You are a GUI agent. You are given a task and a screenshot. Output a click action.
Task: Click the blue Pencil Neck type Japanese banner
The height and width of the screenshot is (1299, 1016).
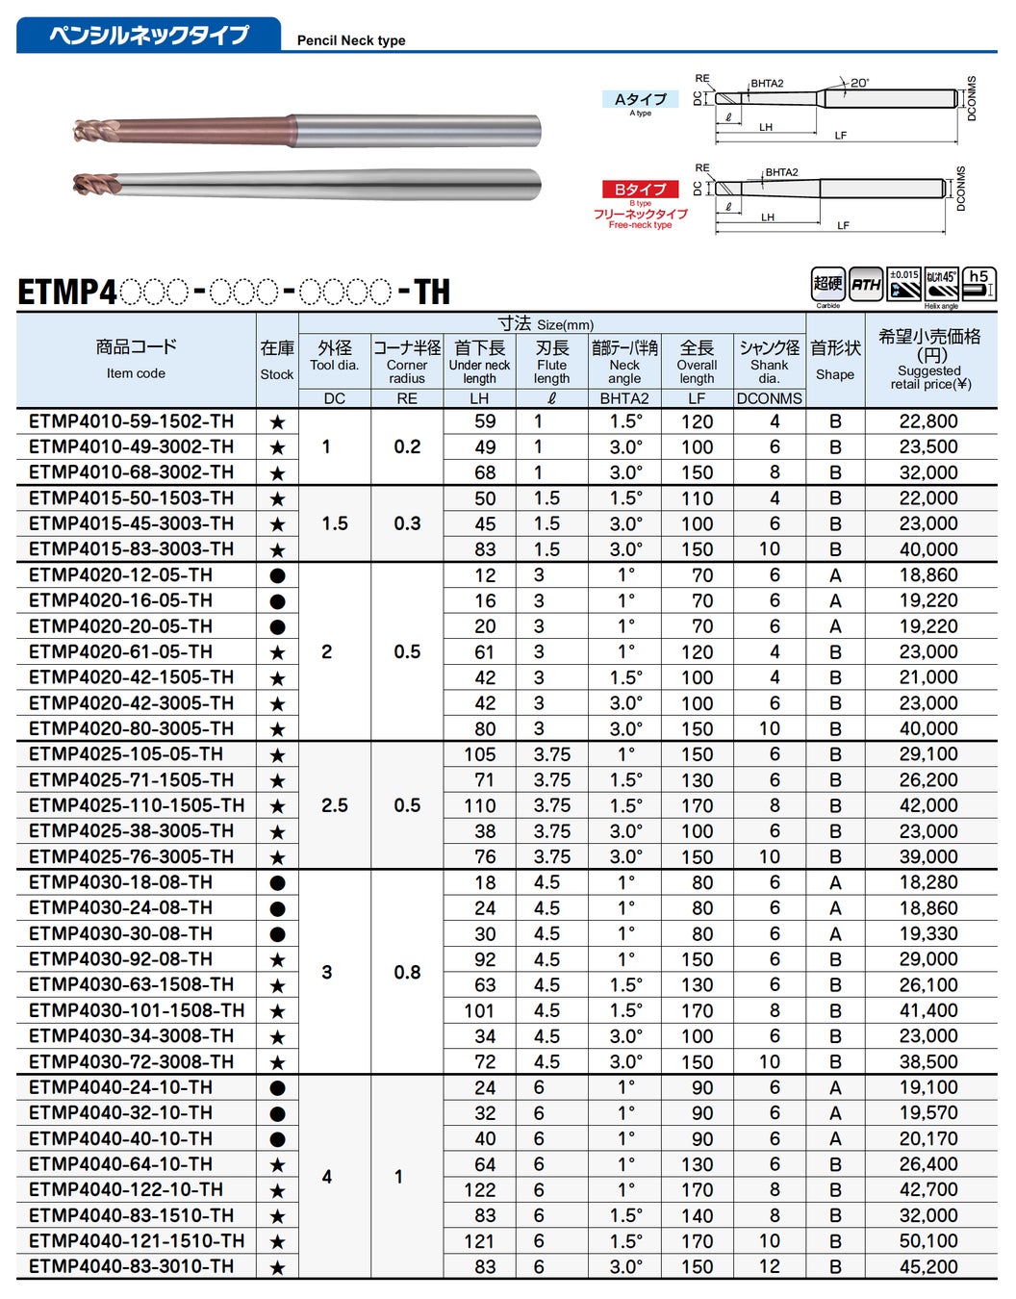149,35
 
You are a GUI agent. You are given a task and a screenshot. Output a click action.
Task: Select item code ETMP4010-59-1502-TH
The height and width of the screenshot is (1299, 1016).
131,421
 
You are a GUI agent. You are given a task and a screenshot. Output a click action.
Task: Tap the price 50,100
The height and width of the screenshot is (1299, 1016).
928,1241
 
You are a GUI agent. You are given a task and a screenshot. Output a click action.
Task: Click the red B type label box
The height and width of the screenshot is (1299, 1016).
640,190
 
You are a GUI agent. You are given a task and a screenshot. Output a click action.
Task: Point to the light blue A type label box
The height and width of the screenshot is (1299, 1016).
641,99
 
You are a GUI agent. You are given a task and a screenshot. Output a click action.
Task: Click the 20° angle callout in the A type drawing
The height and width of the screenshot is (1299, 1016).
858,83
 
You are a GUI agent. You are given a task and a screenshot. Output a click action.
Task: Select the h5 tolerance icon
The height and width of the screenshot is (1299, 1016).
978,283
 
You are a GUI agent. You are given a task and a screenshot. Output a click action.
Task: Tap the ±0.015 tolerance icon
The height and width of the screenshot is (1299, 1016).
903,283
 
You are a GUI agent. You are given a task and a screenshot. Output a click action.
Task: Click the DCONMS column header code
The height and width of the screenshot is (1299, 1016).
769,398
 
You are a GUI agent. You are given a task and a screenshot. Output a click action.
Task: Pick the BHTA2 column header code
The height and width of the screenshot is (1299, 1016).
624,398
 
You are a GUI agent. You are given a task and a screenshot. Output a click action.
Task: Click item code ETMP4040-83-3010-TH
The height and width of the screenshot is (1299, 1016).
131,1266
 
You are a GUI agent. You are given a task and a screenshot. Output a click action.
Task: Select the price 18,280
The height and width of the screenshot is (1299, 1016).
928,882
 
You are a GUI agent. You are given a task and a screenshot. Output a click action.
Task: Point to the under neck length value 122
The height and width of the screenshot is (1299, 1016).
479,1190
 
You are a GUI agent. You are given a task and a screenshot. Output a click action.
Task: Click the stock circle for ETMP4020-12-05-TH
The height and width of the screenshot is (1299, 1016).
277,575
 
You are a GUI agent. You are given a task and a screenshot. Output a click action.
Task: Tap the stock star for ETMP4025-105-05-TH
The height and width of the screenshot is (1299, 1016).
277,755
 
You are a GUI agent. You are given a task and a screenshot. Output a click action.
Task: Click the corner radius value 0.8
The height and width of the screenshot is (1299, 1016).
407,972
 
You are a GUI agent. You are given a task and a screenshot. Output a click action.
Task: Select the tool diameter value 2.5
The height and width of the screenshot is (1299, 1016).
334,805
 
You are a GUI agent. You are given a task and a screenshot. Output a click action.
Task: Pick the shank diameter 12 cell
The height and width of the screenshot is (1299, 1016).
769,1266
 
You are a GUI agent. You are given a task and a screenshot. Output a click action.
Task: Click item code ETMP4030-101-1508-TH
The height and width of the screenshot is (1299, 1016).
137,1010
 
